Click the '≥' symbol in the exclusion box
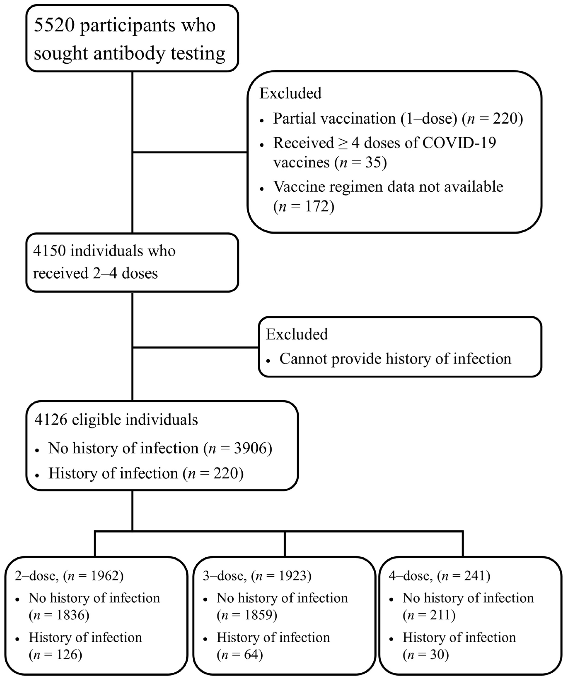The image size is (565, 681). tap(343, 143)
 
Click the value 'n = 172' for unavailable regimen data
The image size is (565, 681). tap(304, 206)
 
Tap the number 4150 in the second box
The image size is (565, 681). tap(49, 251)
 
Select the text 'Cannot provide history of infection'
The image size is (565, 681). tap(395, 359)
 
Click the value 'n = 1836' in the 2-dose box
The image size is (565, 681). tap(59, 615)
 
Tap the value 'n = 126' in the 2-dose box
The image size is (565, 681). tap(56, 654)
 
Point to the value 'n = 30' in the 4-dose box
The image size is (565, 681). tap(426, 654)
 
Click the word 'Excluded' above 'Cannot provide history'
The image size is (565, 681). tap(297, 334)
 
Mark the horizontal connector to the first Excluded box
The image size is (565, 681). tap(190, 152)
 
